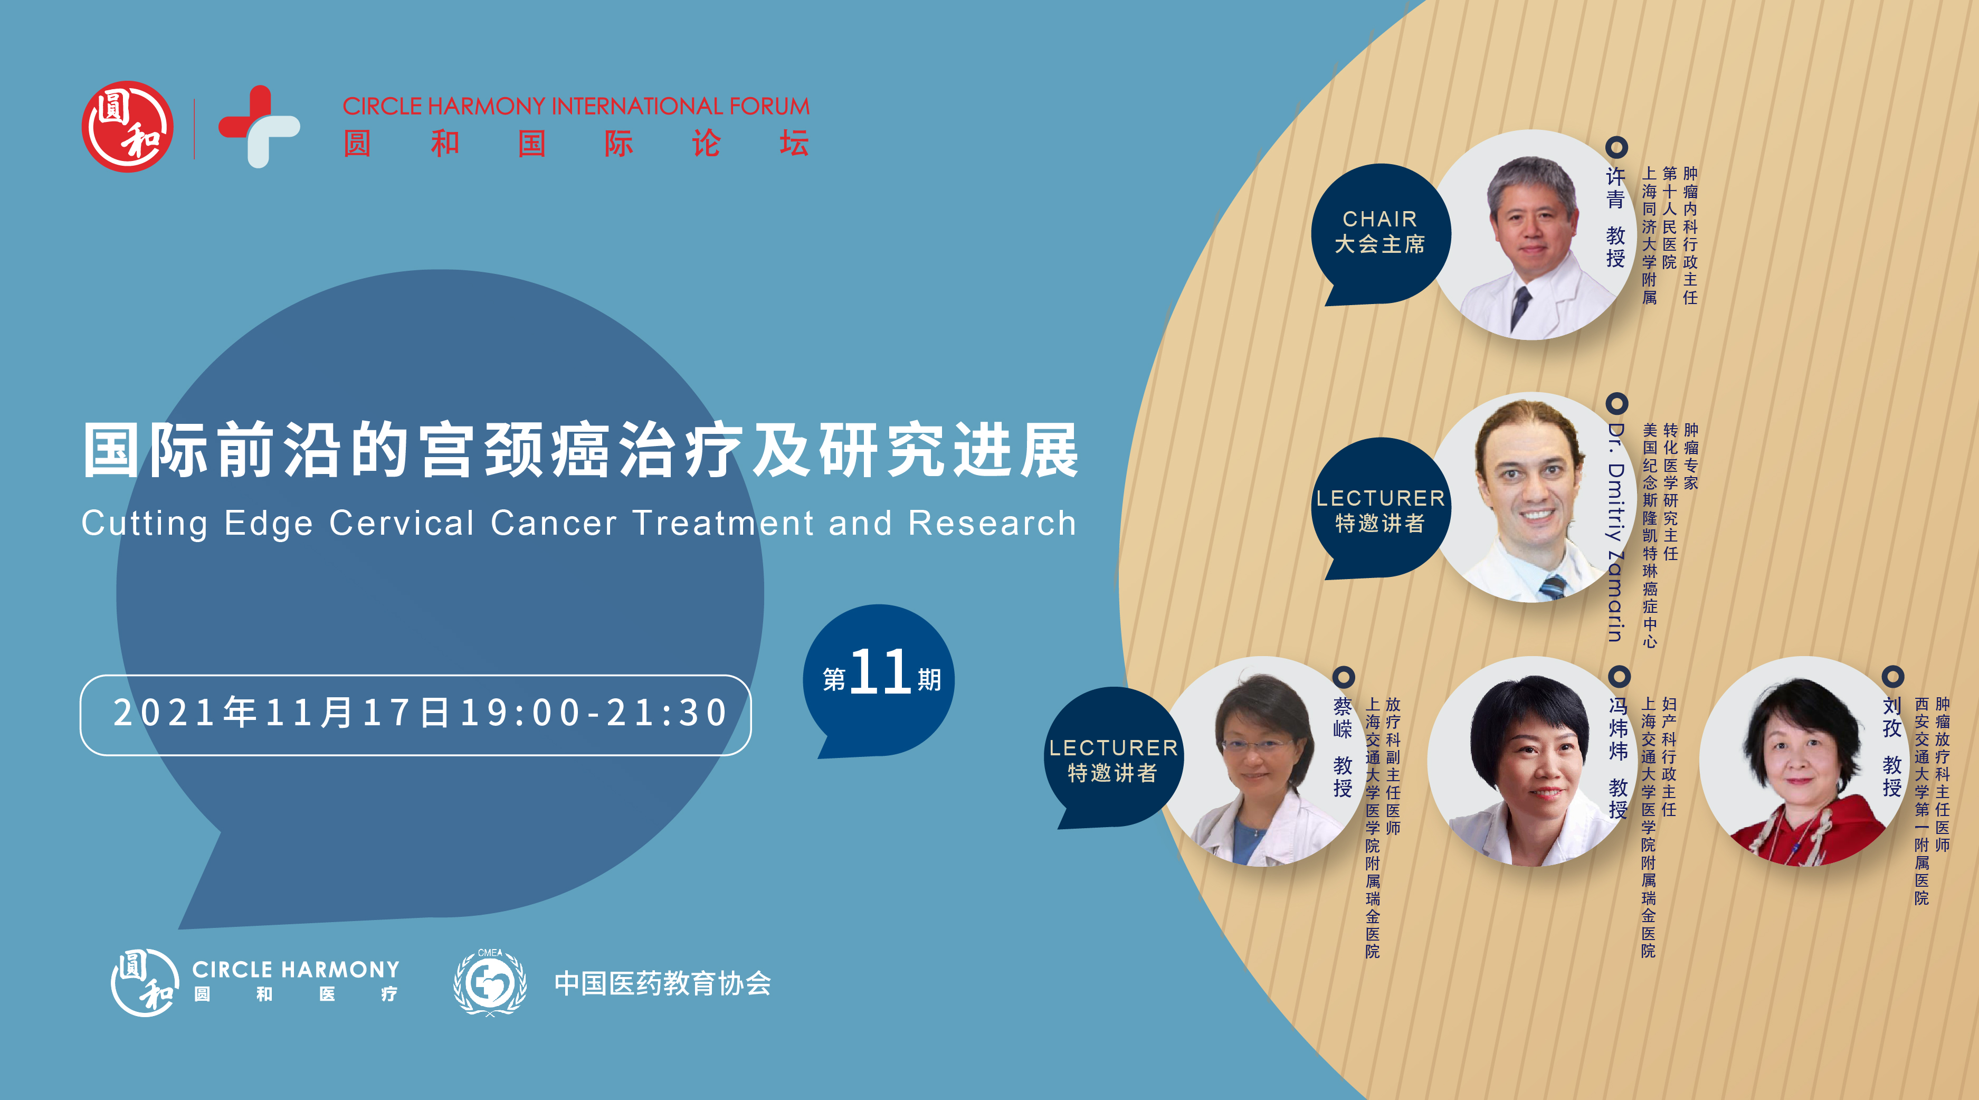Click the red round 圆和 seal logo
click(128, 127)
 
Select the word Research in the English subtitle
click(993, 523)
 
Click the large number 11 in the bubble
click(880, 671)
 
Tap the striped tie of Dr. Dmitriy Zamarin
click(1553, 587)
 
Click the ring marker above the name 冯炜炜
click(1619, 676)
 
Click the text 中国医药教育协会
click(662, 984)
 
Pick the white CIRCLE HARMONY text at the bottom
click(296, 970)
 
